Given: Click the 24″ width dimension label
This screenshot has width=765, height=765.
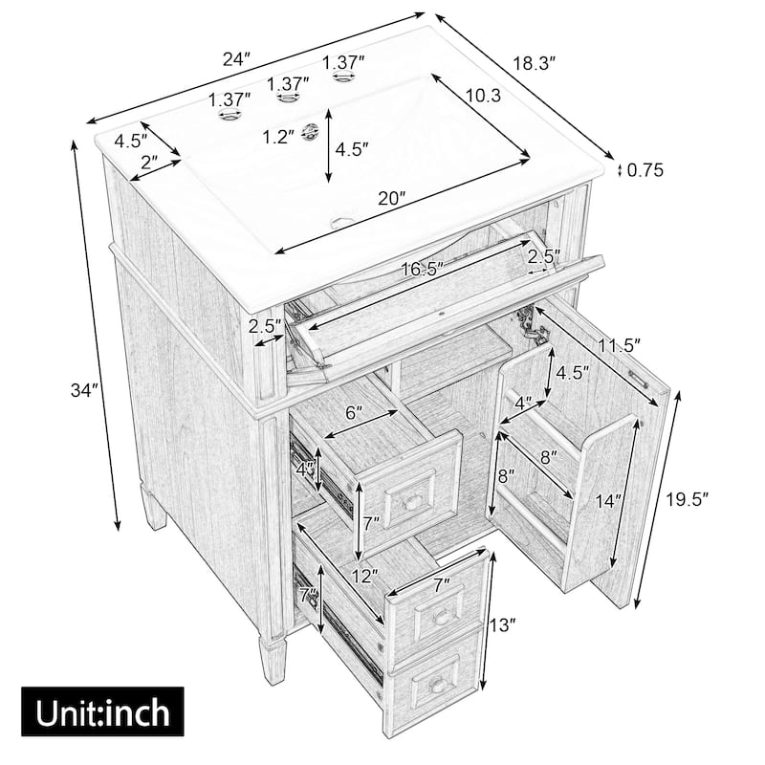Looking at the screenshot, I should point(236,58).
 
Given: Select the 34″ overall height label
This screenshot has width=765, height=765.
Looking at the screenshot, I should point(85,390).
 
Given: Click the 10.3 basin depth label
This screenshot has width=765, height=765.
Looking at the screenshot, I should point(484,96).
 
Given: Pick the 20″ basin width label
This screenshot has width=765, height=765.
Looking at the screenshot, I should point(391,198).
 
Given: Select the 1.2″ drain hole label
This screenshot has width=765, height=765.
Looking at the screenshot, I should point(278,137).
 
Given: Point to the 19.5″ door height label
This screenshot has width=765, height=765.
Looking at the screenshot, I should point(700,499).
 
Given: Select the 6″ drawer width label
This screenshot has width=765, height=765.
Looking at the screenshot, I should point(355,413).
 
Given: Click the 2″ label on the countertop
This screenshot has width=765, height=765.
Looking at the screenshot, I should point(148,163).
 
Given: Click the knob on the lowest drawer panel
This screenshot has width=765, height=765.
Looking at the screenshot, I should point(438,685).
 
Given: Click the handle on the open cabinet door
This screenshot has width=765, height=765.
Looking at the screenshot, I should point(643,377).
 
